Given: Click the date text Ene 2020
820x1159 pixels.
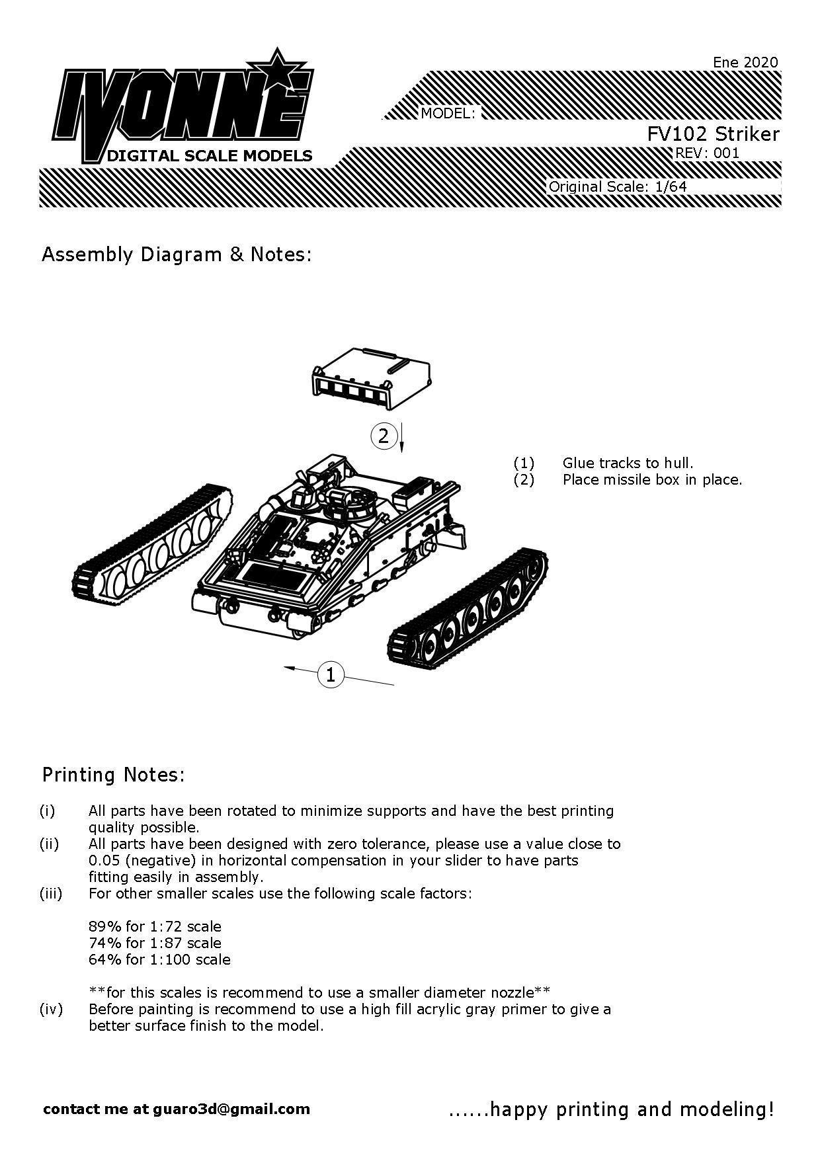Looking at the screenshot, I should click(745, 62).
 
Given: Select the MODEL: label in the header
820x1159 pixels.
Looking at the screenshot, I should click(448, 114).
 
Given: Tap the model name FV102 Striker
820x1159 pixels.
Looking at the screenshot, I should click(713, 134).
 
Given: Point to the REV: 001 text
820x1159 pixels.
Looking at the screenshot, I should click(706, 153).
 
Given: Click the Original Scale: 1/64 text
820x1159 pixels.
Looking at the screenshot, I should click(618, 186).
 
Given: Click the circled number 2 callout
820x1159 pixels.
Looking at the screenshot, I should click(384, 436).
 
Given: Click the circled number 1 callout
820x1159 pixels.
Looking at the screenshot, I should click(331, 674).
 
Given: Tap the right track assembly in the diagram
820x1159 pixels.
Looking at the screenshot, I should click(468, 605).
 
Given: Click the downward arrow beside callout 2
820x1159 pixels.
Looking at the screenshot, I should click(401, 438).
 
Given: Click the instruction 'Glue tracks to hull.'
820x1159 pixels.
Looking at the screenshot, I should click(628, 463).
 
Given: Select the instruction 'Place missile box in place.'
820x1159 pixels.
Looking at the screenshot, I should click(652, 479).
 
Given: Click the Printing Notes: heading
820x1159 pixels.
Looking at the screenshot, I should click(113, 774).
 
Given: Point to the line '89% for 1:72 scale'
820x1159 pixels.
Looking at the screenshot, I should click(155, 926).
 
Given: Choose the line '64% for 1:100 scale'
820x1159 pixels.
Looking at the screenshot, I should click(159, 959).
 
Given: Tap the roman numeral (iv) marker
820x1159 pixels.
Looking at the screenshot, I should click(51, 1009).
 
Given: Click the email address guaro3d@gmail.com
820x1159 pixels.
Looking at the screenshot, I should click(231, 1109).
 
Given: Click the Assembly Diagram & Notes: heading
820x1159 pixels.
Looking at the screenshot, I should click(176, 255).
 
